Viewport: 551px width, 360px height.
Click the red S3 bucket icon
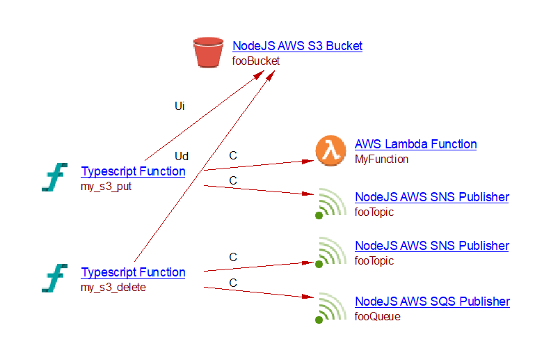(x=209, y=53)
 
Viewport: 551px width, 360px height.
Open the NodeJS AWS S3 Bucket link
(x=297, y=46)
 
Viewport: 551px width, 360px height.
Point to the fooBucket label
(x=255, y=61)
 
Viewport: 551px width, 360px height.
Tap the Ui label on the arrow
(x=179, y=107)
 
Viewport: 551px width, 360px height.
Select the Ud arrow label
(x=181, y=156)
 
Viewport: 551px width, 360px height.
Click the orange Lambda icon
(x=330, y=151)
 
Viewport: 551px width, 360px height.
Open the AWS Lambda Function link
(x=415, y=144)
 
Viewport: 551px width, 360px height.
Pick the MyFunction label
(x=381, y=159)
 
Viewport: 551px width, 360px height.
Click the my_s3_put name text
(x=106, y=186)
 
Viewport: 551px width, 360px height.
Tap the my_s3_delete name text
(x=113, y=287)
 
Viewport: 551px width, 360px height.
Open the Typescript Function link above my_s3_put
(x=133, y=171)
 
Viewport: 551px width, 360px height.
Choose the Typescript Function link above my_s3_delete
(x=133, y=272)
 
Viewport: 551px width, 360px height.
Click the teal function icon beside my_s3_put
(x=54, y=178)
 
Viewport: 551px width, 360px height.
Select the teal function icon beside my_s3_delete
(x=54, y=279)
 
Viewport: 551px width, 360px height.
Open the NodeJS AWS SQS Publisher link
(x=432, y=302)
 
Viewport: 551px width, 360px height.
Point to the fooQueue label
(x=377, y=317)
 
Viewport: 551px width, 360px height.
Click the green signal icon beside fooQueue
(x=330, y=308)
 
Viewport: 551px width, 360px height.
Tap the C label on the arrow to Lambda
(x=233, y=156)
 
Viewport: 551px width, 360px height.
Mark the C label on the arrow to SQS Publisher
(x=233, y=283)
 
